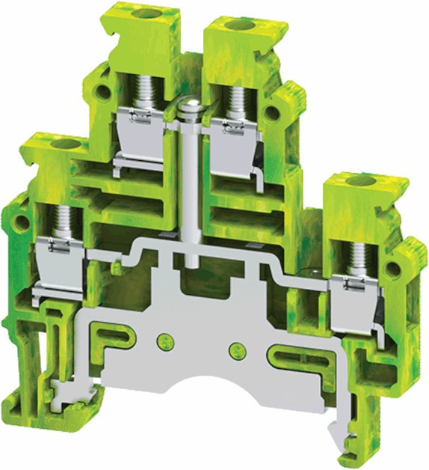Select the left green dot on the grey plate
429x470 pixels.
point(161,343)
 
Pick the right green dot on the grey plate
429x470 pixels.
point(238,348)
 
